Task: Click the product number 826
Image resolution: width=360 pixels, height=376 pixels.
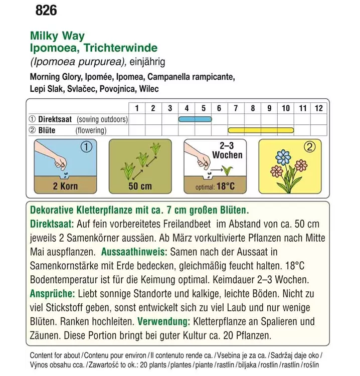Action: tap(46, 11)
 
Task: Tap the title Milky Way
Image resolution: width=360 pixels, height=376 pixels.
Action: tap(57, 36)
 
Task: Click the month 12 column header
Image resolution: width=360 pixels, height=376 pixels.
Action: tap(318, 108)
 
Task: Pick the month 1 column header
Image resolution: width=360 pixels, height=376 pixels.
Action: tap(136, 108)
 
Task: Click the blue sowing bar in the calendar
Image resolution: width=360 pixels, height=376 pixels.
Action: tap(195, 119)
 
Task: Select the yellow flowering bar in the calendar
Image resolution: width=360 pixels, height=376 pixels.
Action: tap(260, 130)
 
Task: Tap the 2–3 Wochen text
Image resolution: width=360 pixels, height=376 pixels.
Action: tap(227, 150)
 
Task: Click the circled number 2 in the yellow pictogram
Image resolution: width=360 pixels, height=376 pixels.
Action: tap(310, 147)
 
